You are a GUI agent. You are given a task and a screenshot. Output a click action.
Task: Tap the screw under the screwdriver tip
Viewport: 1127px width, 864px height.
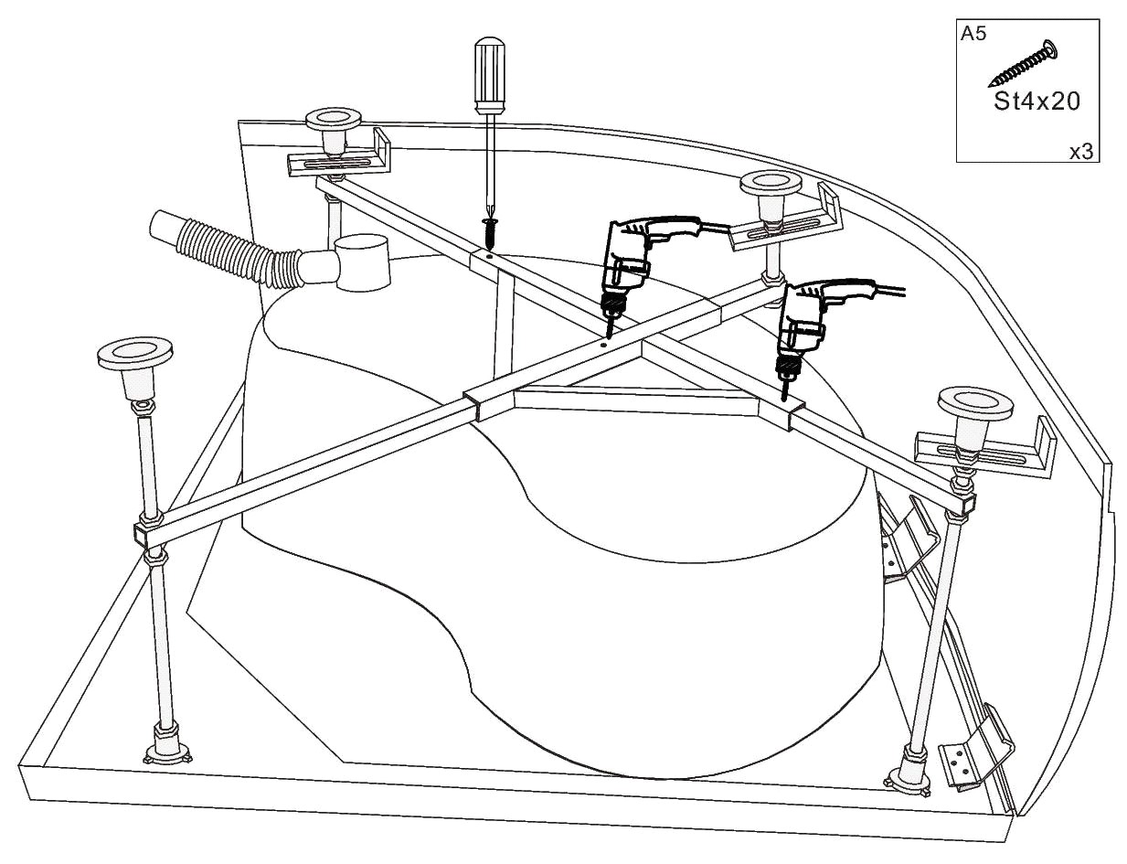pyautogui.click(x=489, y=232)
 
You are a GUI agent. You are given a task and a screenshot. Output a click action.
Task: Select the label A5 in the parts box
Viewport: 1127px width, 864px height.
pyautogui.click(x=973, y=35)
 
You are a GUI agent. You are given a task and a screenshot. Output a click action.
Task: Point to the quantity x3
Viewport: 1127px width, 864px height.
pyautogui.click(x=1081, y=152)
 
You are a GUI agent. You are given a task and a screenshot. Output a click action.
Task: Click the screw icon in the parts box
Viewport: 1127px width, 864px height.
pyautogui.click(x=1023, y=64)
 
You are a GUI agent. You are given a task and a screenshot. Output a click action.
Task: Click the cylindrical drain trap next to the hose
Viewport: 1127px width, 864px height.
pyautogui.click(x=361, y=263)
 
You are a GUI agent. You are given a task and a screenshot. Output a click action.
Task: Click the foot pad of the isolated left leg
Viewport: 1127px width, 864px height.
pyautogui.click(x=135, y=353)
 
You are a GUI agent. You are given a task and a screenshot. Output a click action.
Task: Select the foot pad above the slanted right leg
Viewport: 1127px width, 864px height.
pyautogui.click(x=975, y=402)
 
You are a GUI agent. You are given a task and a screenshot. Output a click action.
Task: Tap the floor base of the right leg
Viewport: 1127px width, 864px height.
pyautogui.click(x=909, y=780)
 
